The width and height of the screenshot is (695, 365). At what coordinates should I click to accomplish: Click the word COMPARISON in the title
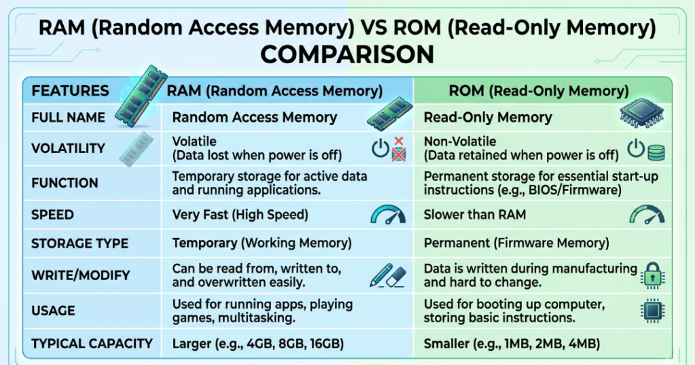pyautogui.click(x=347, y=54)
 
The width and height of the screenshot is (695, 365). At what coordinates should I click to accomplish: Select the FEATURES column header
pyautogui.click(x=71, y=90)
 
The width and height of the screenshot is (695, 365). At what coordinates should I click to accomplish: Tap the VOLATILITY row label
pyautogui.click(x=68, y=148)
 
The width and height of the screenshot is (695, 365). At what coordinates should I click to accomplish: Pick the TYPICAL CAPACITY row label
pyautogui.click(x=92, y=343)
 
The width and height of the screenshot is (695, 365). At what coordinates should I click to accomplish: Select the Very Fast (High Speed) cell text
pyautogui.click(x=240, y=215)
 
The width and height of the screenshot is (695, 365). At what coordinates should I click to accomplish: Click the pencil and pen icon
pyautogui.click(x=387, y=275)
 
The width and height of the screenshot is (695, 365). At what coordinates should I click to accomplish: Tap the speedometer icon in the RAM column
pyautogui.click(x=388, y=215)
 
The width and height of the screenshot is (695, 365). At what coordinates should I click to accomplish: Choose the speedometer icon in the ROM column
pyautogui.click(x=647, y=215)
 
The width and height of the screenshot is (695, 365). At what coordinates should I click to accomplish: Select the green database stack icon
pyautogui.click(x=656, y=152)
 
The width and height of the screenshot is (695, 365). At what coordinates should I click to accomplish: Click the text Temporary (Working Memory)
pyautogui.click(x=261, y=243)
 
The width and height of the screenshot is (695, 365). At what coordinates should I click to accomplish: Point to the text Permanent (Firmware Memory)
pyautogui.click(x=516, y=243)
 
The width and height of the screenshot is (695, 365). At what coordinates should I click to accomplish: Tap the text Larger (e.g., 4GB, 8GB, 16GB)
pyautogui.click(x=258, y=344)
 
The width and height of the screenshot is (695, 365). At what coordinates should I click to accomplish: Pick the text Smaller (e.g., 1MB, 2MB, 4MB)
pyautogui.click(x=512, y=344)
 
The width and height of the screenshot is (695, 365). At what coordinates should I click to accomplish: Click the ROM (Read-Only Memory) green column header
pyautogui.click(x=539, y=90)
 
